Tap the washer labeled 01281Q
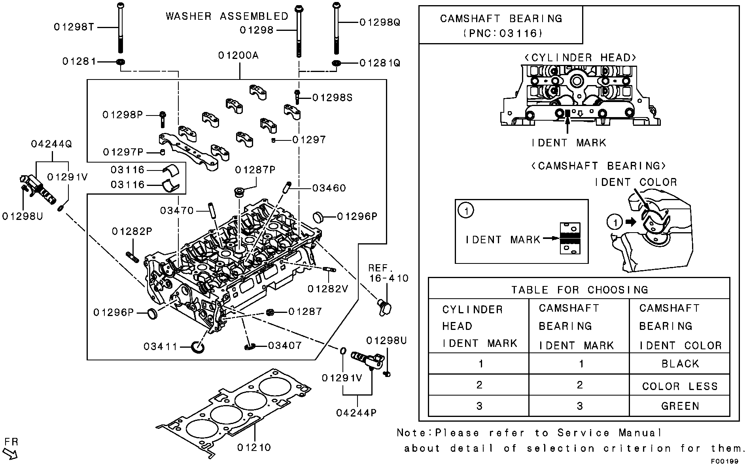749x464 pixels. tap(337, 63)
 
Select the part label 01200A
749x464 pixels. tap(238, 55)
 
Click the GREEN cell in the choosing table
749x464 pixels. tap(680, 406)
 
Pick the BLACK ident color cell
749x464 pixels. tap(680, 364)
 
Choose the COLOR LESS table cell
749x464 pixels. tap(680, 386)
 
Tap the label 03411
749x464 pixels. tap(160, 347)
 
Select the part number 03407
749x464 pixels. tap(285, 346)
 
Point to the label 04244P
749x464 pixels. tap(356, 413)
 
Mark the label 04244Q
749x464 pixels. tap(51, 144)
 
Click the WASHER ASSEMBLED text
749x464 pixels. tap(227, 16)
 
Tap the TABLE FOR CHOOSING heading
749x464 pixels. tap(579, 290)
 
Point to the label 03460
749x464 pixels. tap(329, 188)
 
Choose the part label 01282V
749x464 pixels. tap(328, 289)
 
